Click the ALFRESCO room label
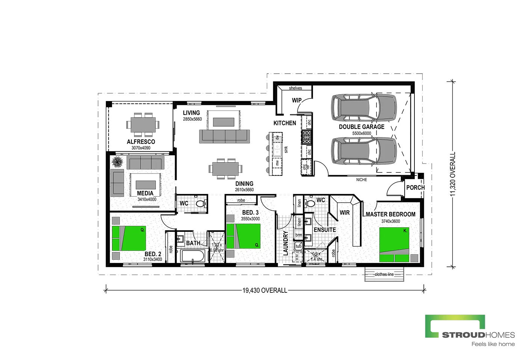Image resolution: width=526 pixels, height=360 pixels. click(x=141, y=142)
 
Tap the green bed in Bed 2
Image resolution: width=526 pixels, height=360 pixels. click(x=129, y=238)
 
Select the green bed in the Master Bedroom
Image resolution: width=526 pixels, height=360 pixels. click(x=394, y=244)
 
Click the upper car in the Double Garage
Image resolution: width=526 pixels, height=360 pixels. click(x=364, y=107)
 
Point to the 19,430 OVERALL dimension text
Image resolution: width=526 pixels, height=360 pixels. click(x=265, y=290)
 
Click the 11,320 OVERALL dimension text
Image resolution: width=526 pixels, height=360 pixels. click(x=453, y=174)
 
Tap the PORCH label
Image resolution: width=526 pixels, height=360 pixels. click(x=415, y=188)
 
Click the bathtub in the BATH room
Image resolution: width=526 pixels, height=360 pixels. click(x=192, y=256)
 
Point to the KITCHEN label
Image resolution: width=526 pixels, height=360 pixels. click(x=284, y=123)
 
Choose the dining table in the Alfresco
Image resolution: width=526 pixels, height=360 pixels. click(x=143, y=124)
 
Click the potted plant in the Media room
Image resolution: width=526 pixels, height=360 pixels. click(x=118, y=162)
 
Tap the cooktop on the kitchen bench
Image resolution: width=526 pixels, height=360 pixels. click(x=307, y=137)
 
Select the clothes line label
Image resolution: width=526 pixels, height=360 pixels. click(x=384, y=274)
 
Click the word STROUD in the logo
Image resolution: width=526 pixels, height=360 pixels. click(x=463, y=335)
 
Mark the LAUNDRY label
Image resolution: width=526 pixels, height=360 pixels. click(x=286, y=244)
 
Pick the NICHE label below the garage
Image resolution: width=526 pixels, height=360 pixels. click(x=361, y=180)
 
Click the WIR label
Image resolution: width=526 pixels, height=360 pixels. click(x=345, y=213)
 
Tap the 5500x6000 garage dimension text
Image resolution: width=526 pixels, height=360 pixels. click(x=361, y=133)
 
